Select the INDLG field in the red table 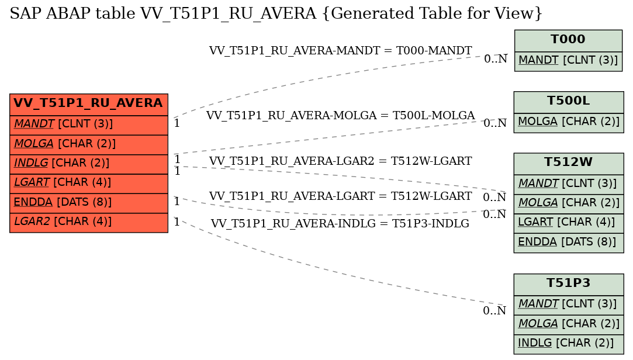point(89,163)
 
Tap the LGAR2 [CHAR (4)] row point(89,221)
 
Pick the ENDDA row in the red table point(89,202)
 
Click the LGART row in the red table point(89,182)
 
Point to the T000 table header point(568,40)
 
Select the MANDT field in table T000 point(568,61)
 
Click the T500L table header point(568,101)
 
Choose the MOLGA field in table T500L point(568,122)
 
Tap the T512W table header point(568,162)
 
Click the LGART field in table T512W point(568,222)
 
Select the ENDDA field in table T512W point(568,242)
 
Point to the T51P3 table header point(568,283)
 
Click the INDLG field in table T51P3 point(568,343)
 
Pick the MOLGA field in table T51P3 point(568,324)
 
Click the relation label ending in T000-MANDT point(340,51)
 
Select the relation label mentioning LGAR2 point(340,161)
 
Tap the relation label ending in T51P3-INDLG point(340,224)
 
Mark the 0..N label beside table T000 point(495,59)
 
